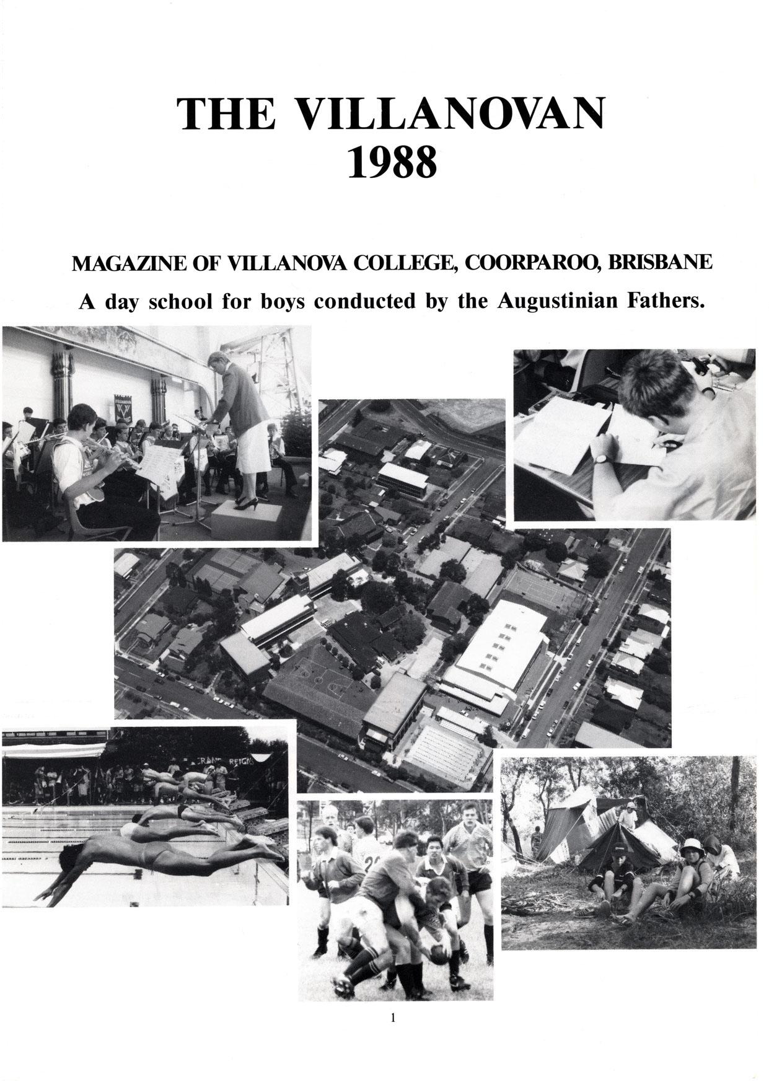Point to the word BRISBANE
(x=659, y=263)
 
